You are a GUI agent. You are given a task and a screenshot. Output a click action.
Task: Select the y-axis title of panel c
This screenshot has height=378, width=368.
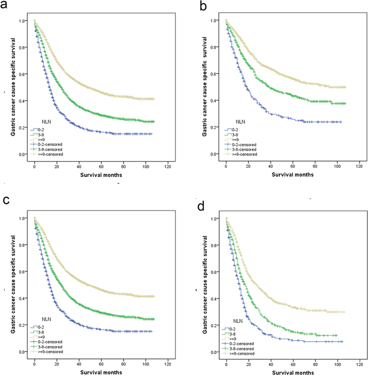click(12, 285)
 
